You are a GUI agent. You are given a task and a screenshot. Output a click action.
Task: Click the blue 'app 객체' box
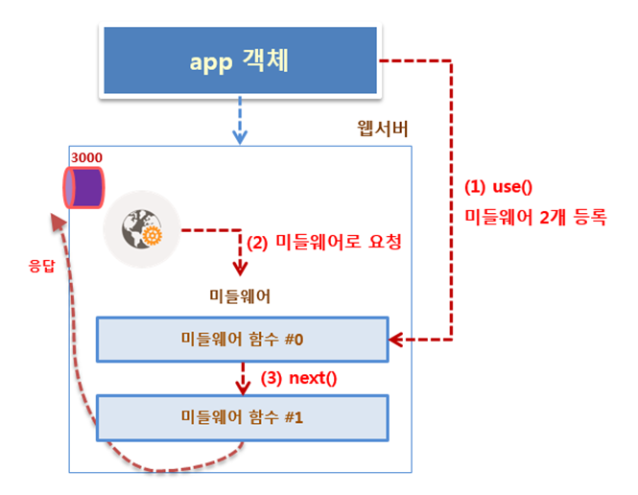pos(240,60)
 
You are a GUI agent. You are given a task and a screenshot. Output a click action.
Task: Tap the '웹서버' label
pos(383,129)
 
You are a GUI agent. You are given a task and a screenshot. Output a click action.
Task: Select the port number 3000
pos(86,157)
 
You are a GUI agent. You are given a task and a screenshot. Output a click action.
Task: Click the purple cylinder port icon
pos(83,187)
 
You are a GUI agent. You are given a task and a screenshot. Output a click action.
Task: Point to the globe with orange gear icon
pos(142,229)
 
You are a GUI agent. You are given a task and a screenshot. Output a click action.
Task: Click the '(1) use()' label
pos(499,187)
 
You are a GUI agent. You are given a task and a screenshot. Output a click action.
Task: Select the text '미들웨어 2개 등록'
pos(535,217)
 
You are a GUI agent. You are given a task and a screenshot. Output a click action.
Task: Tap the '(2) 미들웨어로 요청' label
pos(324,243)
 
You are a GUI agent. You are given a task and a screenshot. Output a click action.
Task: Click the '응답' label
pos(41,266)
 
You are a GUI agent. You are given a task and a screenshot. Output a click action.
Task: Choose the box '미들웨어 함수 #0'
pos(243,340)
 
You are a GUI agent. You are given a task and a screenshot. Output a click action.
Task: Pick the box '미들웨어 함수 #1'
pos(243,417)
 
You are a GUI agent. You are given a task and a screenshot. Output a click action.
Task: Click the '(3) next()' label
pos(298,378)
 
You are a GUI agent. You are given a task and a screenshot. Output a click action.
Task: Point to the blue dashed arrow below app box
pos(240,120)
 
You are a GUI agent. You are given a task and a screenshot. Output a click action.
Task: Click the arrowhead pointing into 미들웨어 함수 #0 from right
pos(396,340)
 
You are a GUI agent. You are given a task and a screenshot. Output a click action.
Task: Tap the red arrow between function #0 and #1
pos(243,379)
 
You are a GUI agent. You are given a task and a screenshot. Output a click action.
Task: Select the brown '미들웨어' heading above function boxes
pos(240,296)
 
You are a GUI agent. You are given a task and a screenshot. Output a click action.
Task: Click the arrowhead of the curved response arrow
pos(59,223)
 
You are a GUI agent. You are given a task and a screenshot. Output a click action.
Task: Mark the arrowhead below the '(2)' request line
pos(240,269)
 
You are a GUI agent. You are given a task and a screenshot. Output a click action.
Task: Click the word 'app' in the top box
pos(211,62)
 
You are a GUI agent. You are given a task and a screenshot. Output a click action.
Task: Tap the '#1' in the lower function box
pos(294,417)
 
